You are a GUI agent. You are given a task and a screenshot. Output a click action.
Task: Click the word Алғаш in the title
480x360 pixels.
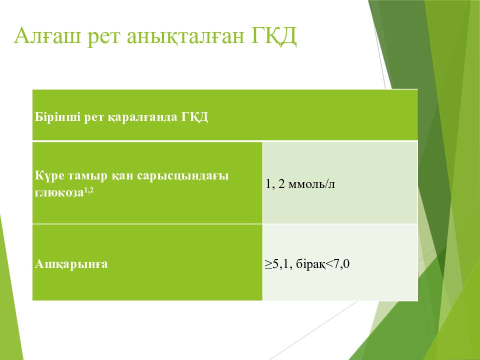48,36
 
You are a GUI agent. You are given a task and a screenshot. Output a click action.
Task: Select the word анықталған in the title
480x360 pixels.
185,36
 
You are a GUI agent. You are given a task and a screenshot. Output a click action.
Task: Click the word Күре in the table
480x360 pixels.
49,176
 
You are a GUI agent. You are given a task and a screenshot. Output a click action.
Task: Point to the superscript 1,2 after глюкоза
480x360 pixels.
89,190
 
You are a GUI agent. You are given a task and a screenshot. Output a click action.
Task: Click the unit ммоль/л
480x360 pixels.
311,184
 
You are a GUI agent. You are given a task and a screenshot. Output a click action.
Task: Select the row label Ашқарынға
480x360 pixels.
71,264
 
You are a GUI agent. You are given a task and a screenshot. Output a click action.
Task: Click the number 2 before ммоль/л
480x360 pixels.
281,184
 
